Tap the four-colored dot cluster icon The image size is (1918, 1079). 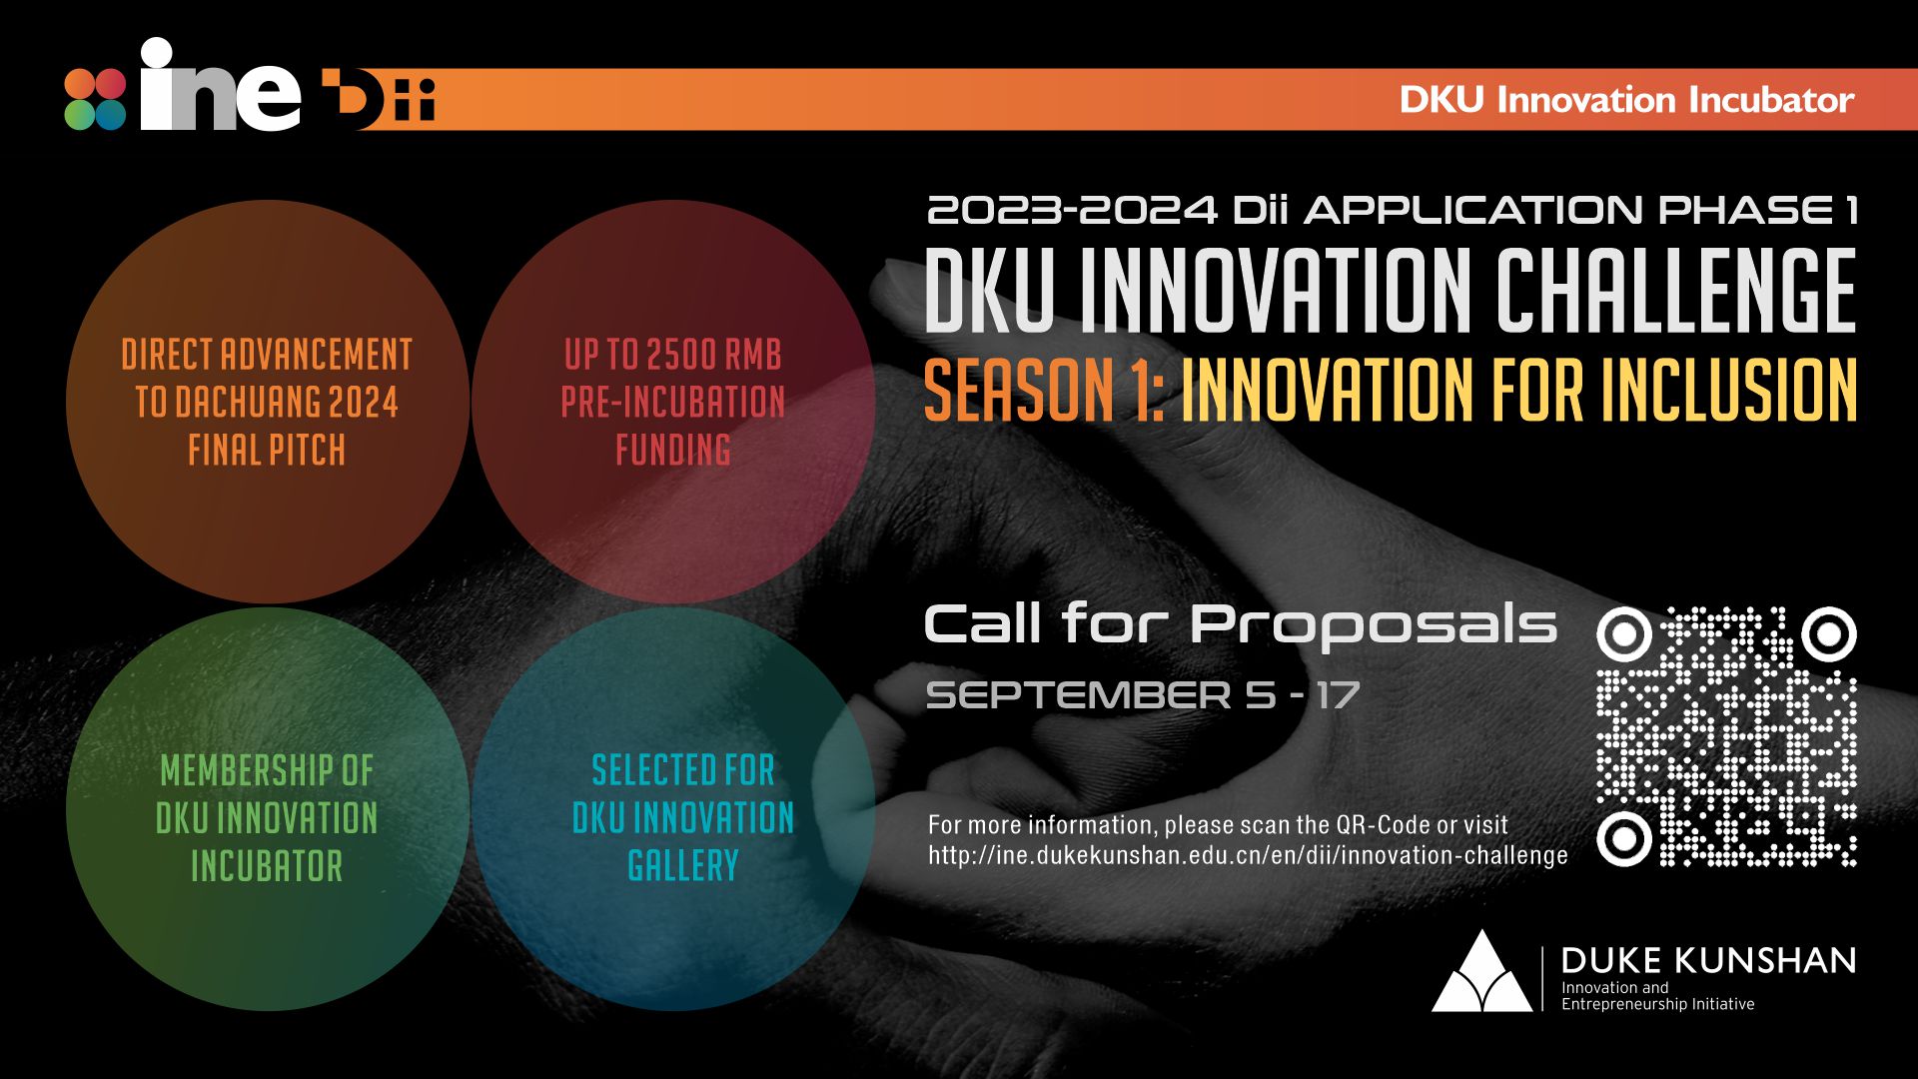[95, 99]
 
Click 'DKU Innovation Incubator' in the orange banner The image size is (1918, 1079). [1626, 100]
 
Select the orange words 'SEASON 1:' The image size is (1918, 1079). [1043, 390]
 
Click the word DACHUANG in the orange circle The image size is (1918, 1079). [247, 403]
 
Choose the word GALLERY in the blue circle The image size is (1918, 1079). [683, 865]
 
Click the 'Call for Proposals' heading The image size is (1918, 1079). [1240, 624]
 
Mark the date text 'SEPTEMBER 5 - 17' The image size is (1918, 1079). [1143, 695]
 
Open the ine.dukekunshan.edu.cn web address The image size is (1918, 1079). [1248, 856]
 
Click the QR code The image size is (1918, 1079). [1726, 736]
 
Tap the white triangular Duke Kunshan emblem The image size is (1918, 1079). [1481, 974]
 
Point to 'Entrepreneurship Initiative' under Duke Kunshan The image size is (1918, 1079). [1657, 1004]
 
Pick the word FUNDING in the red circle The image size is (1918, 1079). [673, 451]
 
